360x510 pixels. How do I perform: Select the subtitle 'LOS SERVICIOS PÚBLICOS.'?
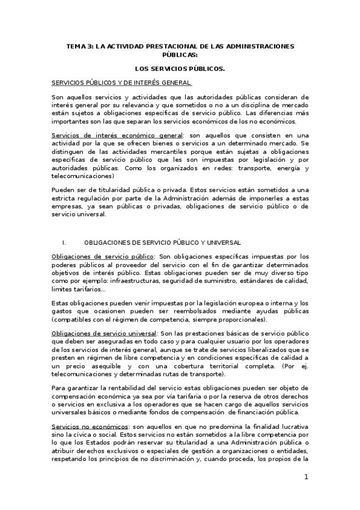[x=180, y=69]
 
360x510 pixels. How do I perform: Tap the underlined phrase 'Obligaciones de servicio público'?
[x=103, y=256]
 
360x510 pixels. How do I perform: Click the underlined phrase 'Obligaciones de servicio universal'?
[x=105, y=332]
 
